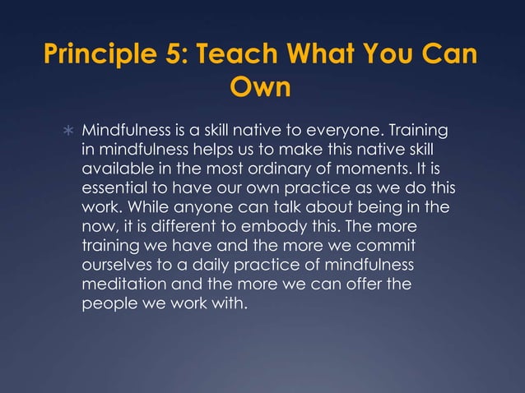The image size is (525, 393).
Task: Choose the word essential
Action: click(114, 187)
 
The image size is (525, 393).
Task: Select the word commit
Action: click(385, 244)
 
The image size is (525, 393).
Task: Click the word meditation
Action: click(120, 282)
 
